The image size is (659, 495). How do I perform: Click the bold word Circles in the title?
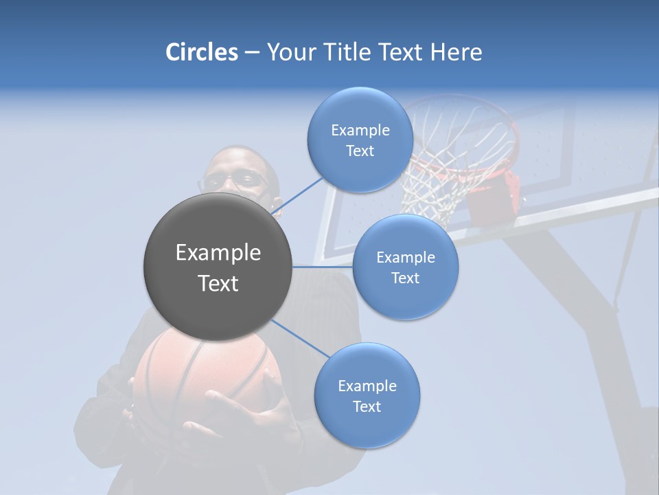point(201,52)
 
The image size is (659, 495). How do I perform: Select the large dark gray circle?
point(218,267)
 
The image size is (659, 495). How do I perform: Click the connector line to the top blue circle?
point(298,196)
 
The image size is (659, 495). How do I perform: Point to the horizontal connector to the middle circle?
point(323,266)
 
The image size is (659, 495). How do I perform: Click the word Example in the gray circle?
point(218,253)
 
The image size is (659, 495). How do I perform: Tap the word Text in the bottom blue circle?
point(367,407)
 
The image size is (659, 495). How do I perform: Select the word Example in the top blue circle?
point(360,130)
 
